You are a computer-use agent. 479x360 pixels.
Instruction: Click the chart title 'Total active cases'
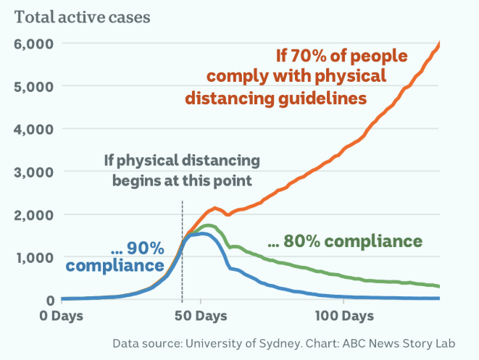83,17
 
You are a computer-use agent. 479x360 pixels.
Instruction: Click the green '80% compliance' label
344,240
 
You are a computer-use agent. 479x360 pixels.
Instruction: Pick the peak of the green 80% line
209,225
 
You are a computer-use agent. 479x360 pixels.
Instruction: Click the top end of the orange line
439,43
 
